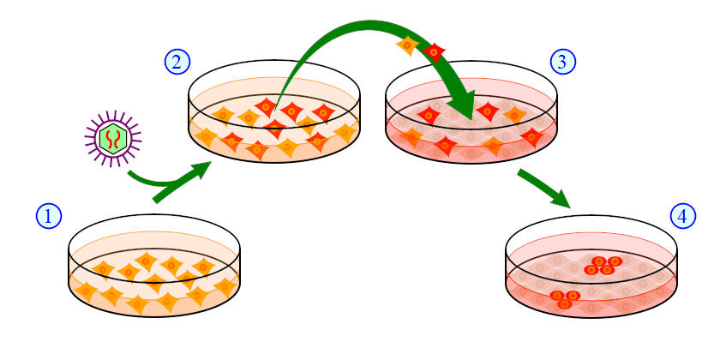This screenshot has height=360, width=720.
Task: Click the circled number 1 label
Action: point(49,217)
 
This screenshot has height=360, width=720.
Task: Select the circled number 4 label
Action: point(681,217)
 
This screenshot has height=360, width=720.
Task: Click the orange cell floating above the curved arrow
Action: point(407,45)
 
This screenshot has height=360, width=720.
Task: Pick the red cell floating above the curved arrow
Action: point(435,52)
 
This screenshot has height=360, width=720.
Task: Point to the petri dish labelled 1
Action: point(154,270)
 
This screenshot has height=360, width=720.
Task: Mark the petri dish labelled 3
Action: point(471,116)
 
